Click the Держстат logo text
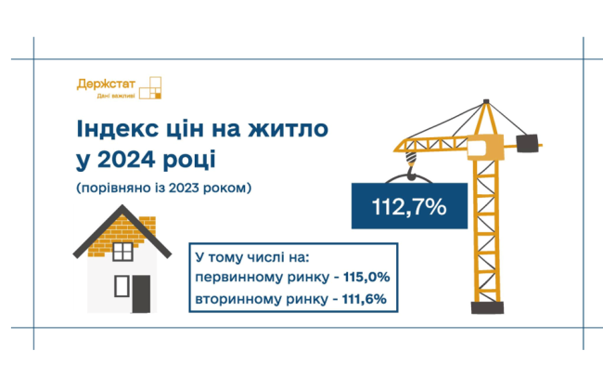pos(108,84)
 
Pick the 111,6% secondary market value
pos(368,299)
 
